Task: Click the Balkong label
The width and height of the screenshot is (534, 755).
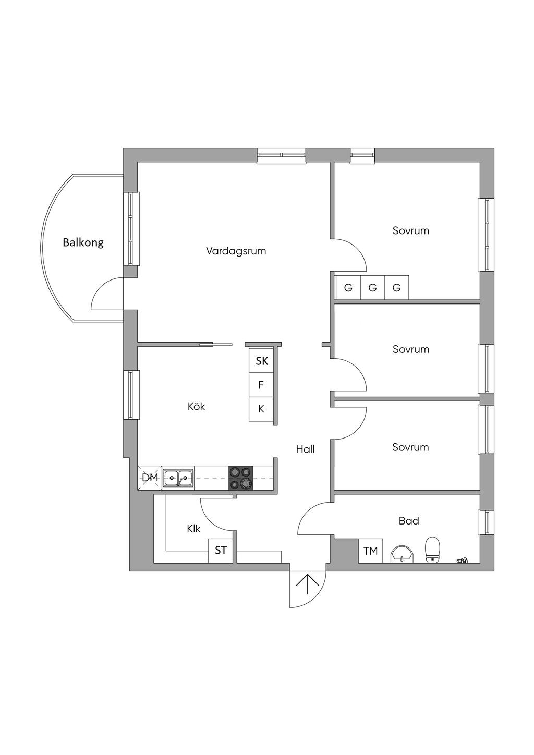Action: point(83,242)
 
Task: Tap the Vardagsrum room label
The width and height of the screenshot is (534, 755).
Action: point(236,251)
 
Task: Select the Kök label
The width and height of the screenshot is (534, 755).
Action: point(196,407)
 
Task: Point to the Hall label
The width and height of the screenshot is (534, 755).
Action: point(306,449)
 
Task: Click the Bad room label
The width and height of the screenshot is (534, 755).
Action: point(409,521)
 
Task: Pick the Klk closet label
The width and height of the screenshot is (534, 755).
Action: point(193,529)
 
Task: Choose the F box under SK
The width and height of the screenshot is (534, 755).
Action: point(261,385)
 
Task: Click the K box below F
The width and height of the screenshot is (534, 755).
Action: point(261,409)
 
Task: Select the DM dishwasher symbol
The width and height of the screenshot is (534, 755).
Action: point(150,478)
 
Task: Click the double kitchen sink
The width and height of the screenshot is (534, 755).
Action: point(178,478)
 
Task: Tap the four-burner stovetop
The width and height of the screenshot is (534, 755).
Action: point(241,478)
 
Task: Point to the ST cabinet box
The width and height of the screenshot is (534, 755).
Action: point(221,551)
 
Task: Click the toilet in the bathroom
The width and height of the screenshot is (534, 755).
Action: point(432,550)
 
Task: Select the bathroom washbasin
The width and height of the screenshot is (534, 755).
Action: point(402,554)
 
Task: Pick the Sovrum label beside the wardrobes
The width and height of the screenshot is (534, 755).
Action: point(410,231)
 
